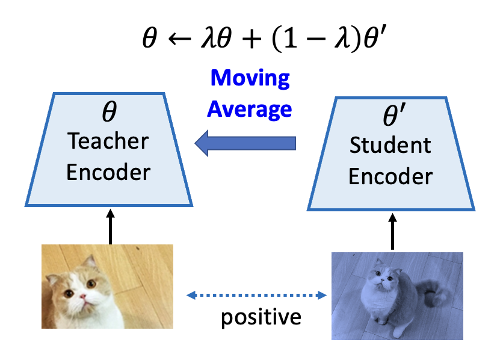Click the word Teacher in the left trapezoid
[108, 141]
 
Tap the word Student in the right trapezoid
[390, 145]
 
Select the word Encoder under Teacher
[108, 172]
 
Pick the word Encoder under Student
[390, 176]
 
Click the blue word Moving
[250, 78]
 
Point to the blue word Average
[250, 110]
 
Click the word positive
[261, 318]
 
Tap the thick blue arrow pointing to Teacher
[245, 143]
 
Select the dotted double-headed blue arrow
[257, 295]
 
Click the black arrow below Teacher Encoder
[110, 226]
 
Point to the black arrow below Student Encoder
[392, 231]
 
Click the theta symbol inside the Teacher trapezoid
[110, 111]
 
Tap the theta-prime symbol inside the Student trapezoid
[394, 114]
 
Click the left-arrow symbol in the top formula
[180, 39]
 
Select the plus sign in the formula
[251, 39]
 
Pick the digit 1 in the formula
[290, 38]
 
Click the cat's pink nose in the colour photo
[83, 296]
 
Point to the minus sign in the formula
[316, 39]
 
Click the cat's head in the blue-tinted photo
[384, 275]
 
